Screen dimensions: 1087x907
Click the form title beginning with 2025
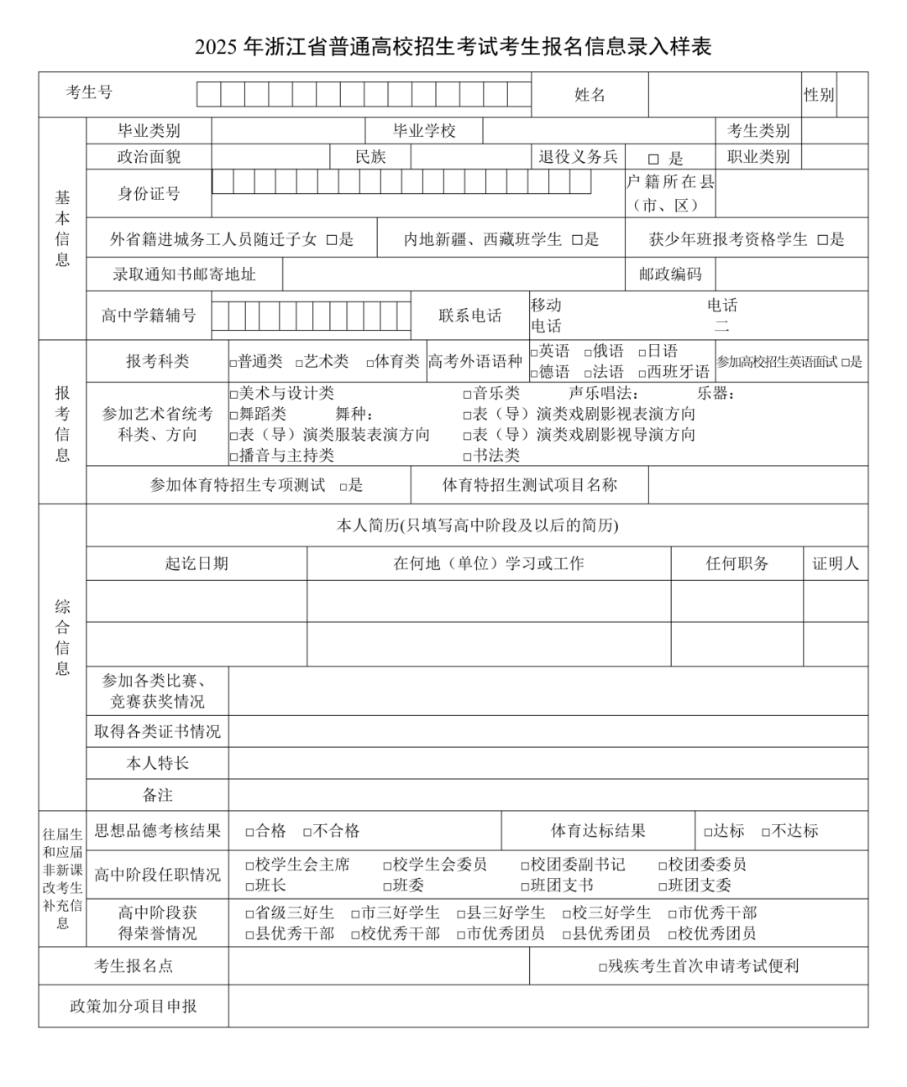453,47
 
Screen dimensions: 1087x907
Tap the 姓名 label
590,95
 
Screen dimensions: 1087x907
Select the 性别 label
819,95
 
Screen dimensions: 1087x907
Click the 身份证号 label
149,194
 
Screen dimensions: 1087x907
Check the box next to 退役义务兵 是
653,159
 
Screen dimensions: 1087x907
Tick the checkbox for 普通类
233,363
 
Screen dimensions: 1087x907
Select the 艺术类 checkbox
299,363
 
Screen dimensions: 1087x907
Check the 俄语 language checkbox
588,352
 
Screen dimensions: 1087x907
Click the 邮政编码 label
669,274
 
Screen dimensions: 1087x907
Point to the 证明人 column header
835,563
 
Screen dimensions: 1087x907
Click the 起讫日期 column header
197,563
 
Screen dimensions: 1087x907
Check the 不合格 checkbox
307,832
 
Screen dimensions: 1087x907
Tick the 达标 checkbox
708,832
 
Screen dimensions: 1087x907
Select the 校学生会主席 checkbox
249,865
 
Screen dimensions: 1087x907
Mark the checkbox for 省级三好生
249,913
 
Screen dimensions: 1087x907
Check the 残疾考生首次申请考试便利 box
602,967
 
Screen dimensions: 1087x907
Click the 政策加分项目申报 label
134,1006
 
